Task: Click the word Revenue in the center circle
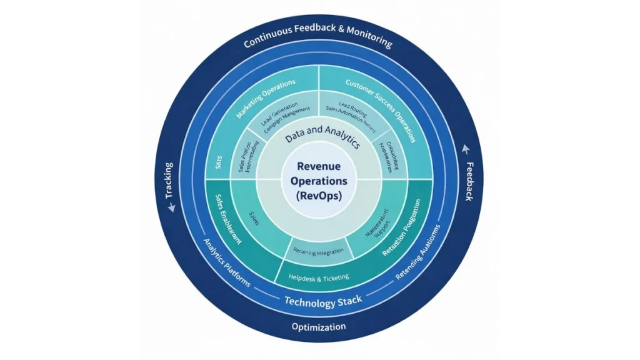click(x=319, y=166)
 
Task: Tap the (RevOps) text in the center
click(x=319, y=194)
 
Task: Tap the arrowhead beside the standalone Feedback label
click(x=463, y=149)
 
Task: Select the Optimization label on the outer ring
click(x=319, y=327)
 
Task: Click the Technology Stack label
click(x=322, y=302)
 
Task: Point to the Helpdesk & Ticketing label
click(x=319, y=277)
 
